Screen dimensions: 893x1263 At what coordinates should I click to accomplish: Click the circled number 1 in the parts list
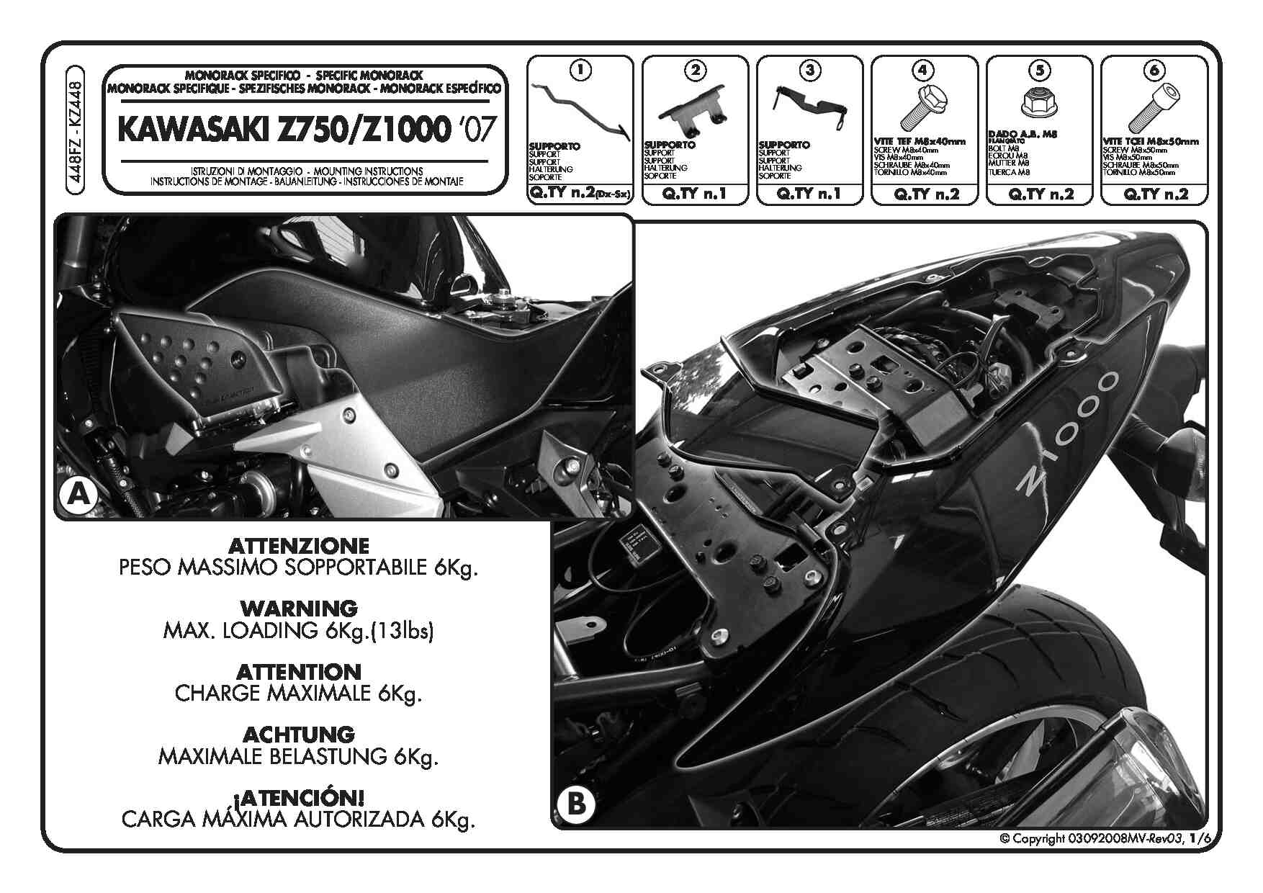coord(580,70)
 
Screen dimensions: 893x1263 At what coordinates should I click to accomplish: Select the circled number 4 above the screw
coord(923,70)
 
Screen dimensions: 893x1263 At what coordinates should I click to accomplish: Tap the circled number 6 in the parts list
coord(1154,70)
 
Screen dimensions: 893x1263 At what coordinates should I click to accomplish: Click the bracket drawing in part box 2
coord(693,112)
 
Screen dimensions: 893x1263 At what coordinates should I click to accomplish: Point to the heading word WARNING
coord(298,609)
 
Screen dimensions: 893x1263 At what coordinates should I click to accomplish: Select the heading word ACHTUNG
coord(299,735)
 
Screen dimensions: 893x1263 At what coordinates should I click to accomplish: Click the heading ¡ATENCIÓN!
coord(299,798)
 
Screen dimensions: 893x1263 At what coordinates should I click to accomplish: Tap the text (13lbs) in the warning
coord(403,631)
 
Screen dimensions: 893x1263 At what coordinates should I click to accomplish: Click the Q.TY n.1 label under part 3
coord(810,194)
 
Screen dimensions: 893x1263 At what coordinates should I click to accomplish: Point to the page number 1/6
coord(1200,838)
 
